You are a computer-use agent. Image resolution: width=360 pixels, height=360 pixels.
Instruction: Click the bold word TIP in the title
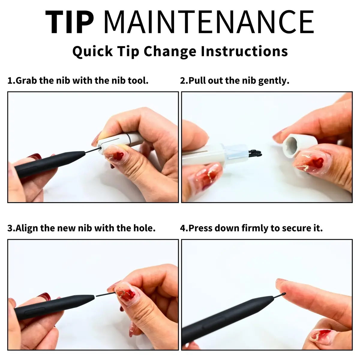[x=70, y=22]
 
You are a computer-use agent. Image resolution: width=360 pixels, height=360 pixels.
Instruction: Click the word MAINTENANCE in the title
[x=209, y=22]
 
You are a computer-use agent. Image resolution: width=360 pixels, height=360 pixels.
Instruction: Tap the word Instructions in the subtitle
[x=244, y=51]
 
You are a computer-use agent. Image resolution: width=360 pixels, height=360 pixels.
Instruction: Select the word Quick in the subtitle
[x=93, y=52]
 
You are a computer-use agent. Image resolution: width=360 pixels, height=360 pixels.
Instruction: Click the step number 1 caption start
[x=10, y=81]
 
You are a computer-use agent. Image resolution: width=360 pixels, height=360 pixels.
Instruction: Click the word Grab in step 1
[x=26, y=81]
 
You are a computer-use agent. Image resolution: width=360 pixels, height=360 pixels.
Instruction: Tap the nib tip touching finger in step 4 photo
[x=284, y=294]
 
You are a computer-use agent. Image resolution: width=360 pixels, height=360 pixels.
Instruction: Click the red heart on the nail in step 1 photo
[x=118, y=156]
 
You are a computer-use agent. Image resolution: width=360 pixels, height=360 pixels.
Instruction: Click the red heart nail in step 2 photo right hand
[x=318, y=162]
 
